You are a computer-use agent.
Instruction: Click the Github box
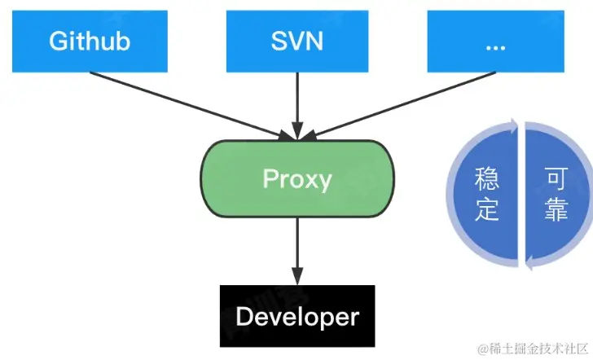coord(90,42)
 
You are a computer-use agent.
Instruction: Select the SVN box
coord(296,42)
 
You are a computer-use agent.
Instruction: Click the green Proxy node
coord(296,177)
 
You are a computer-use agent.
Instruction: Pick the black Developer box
coord(296,315)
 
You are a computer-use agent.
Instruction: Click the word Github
coord(90,42)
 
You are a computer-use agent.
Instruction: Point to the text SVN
coord(296,42)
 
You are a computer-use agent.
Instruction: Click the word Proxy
coord(296,178)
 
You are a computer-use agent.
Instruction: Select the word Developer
coord(296,316)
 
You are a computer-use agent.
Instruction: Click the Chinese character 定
coord(487,209)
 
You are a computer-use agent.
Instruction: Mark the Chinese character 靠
coord(556,209)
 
